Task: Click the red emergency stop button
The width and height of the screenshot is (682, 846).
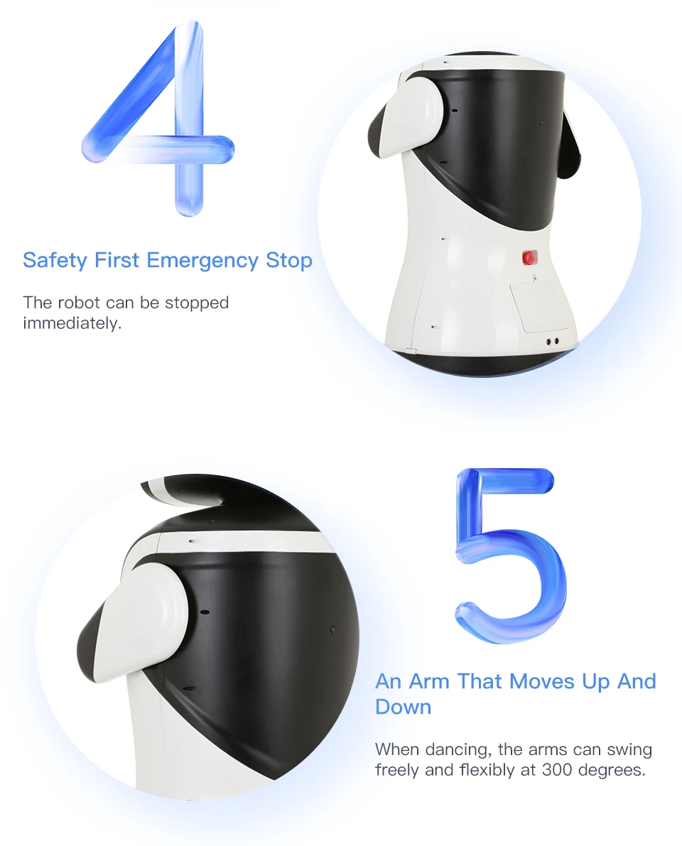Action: (529, 258)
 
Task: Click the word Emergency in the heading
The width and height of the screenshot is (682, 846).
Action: (202, 261)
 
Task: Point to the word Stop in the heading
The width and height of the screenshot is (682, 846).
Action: (289, 261)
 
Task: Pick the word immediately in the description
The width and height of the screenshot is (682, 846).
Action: (72, 324)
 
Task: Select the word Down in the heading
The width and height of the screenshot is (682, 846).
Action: (403, 707)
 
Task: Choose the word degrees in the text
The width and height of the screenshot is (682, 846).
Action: (616, 769)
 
